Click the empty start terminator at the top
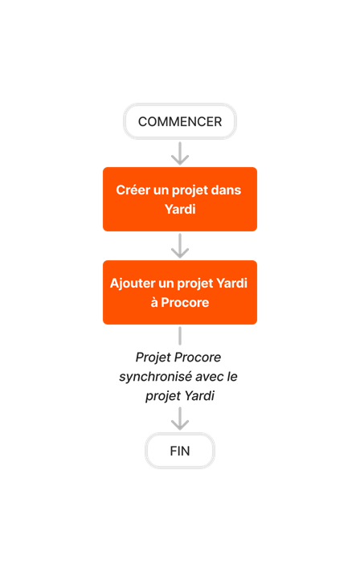(x=180, y=121)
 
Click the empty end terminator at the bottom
(x=180, y=450)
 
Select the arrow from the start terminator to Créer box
(x=180, y=153)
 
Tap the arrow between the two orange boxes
(x=180, y=246)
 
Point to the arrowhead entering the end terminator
(x=180, y=423)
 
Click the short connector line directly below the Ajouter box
(x=180, y=335)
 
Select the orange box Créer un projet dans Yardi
(x=180, y=199)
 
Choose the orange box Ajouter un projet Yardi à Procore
(x=180, y=292)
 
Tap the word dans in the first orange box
(x=225, y=190)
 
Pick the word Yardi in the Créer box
(x=180, y=209)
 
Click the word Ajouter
(x=134, y=284)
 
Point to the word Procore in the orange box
(x=186, y=302)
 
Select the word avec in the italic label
(x=213, y=376)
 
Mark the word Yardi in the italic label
(x=199, y=395)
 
